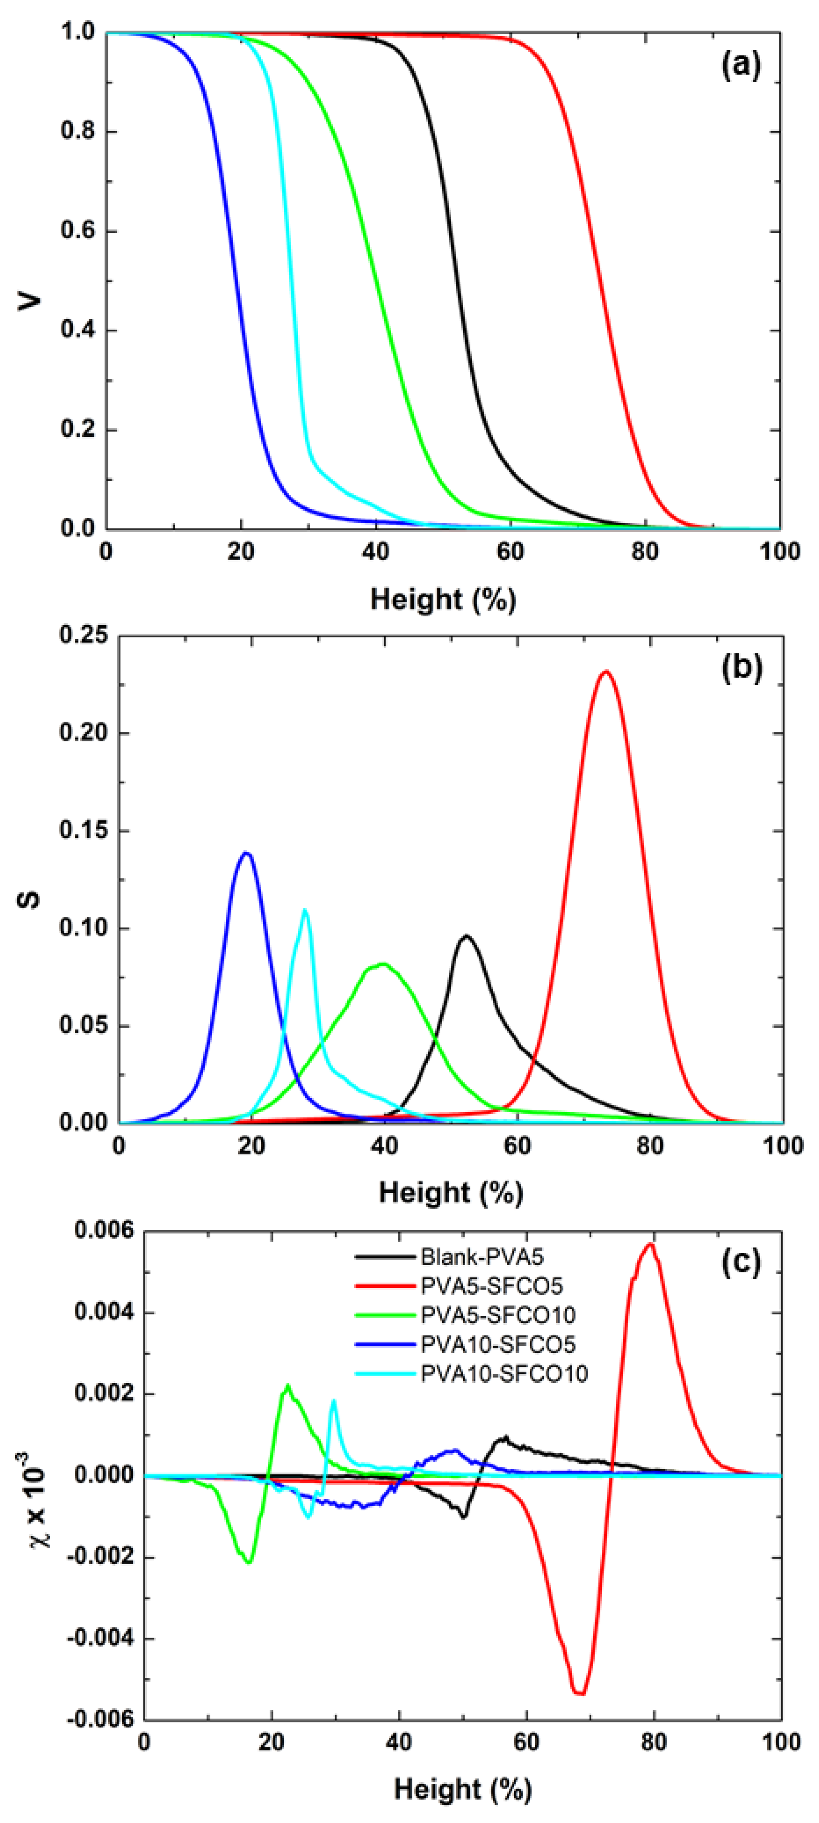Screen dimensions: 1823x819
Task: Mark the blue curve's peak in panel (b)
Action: (246, 853)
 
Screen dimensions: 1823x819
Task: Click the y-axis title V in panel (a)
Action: (30, 302)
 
